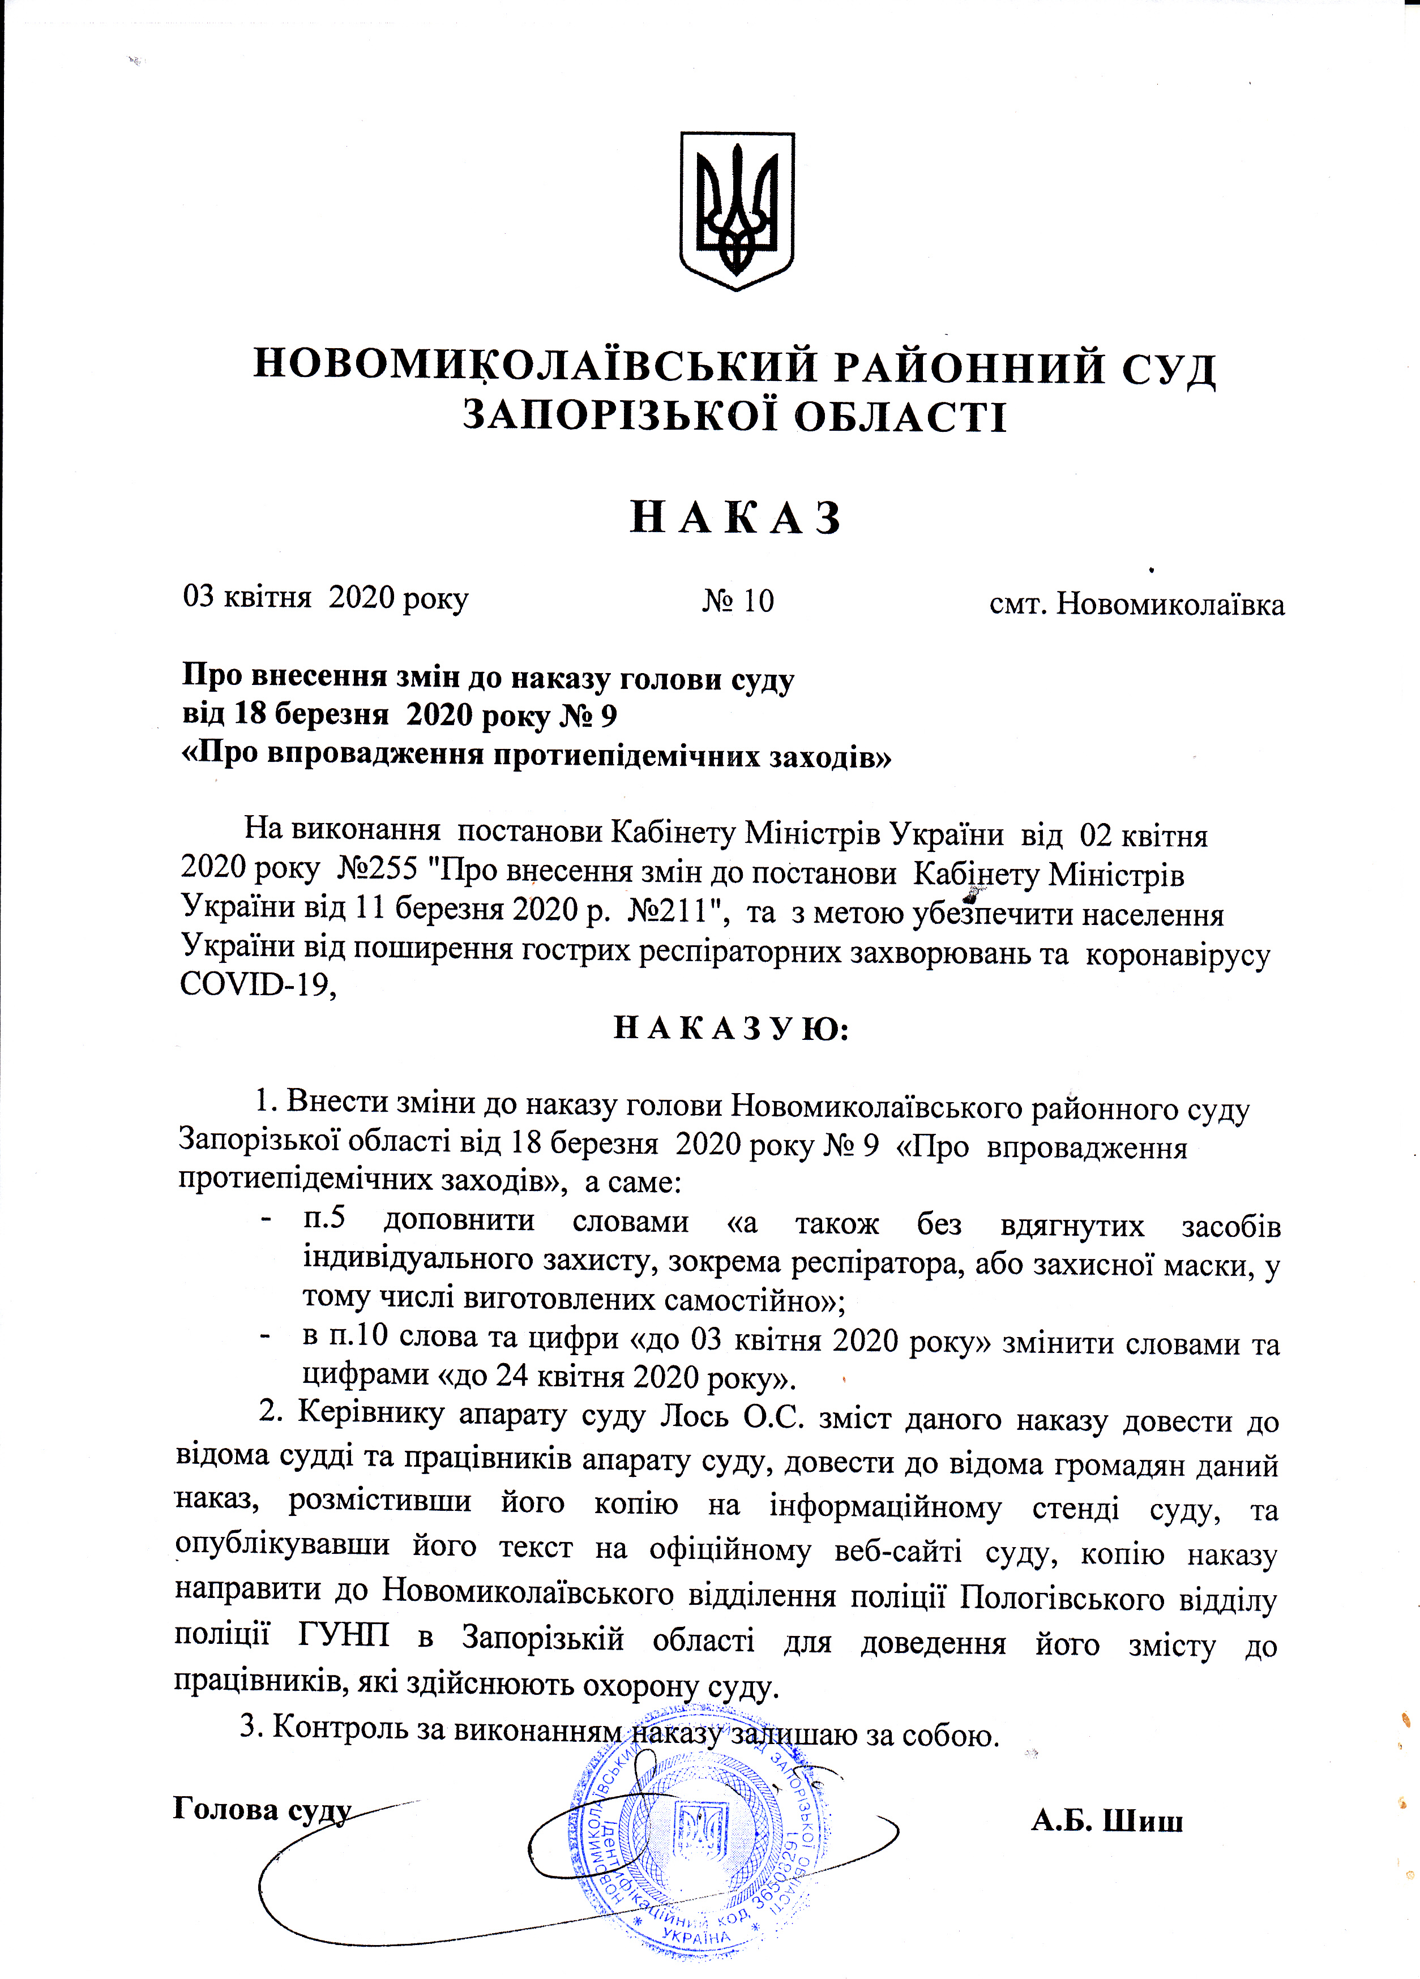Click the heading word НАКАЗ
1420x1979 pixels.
735,519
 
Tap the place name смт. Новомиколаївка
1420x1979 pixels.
1136,604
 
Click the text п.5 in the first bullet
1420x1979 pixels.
324,1220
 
